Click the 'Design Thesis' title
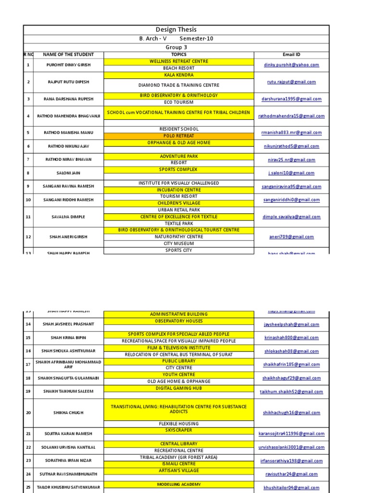pyautogui.click(x=176, y=30)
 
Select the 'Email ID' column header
pyautogui.click(x=291, y=54)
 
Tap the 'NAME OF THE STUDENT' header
pyautogui.click(x=68, y=54)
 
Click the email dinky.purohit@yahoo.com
pyautogui.click(x=291, y=65)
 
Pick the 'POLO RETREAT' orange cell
pyautogui.click(x=179, y=136)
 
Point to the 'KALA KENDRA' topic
pyautogui.click(x=179, y=75)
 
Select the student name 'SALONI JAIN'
pyautogui.click(x=68, y=173)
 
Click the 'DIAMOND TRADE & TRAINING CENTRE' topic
pyautogui.click(x=179, y=85)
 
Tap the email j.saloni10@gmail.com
pyautogui.click(x=291, y=173)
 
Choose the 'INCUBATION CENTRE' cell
pyautogui.click(x=179, y=190)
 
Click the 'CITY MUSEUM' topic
pyautogui.click(x=179, y=244)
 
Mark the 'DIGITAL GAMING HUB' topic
pyautogui.click(x=179, y=388)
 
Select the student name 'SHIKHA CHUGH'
pyautogui.click(x=68, y=413)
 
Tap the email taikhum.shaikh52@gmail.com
pyautogui.click(x=291, y=392)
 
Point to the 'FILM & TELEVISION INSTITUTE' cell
pyautogui.click(x=179, y=348)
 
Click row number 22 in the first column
pyautogui.click(x=28, y=447)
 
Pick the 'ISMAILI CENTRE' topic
pyautogui.click(x=179, y=464)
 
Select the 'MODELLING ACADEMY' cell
pyautogui.click(x=179, y=484)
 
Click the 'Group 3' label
pyautogui.click(x=176, y=48)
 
